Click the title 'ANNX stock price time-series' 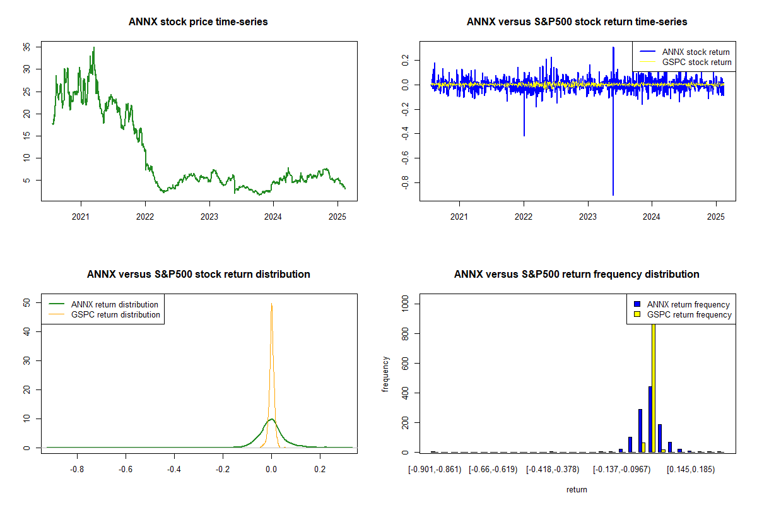[x=199, y=22]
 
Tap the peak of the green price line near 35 [x=94, y=47]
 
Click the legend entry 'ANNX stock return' [x=696, y=52]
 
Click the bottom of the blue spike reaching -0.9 [x=613, y=194]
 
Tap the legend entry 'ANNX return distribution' [x=114, y=304]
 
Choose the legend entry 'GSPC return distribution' [x=115, y=314]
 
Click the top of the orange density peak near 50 [x=272, y=304]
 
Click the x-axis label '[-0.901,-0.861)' [x=435, y=470]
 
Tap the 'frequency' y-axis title [x=385, y=375]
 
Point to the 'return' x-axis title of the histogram [x=577, y=489]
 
